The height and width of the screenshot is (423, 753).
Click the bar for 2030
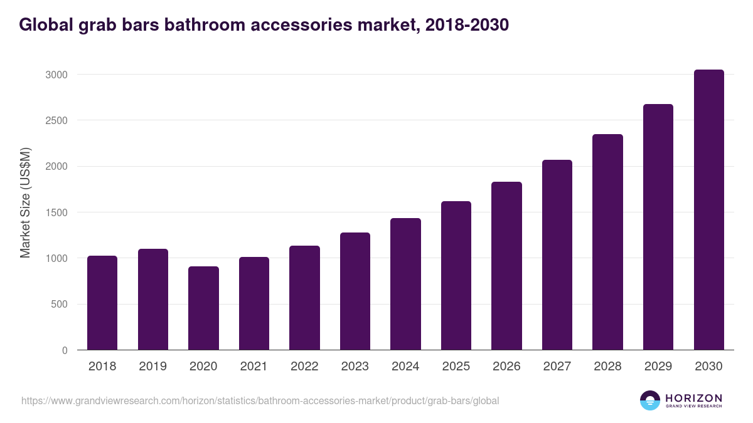708,210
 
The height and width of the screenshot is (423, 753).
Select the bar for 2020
203,308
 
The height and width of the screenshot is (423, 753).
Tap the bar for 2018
102,303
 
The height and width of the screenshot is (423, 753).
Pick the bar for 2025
456,276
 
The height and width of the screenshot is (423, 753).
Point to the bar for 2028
607,242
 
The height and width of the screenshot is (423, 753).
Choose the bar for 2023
355,291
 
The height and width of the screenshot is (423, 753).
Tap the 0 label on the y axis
64,350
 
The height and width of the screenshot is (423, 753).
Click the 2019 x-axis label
152,367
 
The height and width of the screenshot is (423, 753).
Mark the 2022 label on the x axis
304,367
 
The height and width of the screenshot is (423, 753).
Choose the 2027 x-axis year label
557,367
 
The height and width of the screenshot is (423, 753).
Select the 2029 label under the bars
658,367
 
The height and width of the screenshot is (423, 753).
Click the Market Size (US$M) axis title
25,202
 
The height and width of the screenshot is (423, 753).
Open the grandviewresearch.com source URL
260,400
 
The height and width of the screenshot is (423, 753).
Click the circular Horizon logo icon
649,400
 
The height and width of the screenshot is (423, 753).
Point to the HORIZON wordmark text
693,397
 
